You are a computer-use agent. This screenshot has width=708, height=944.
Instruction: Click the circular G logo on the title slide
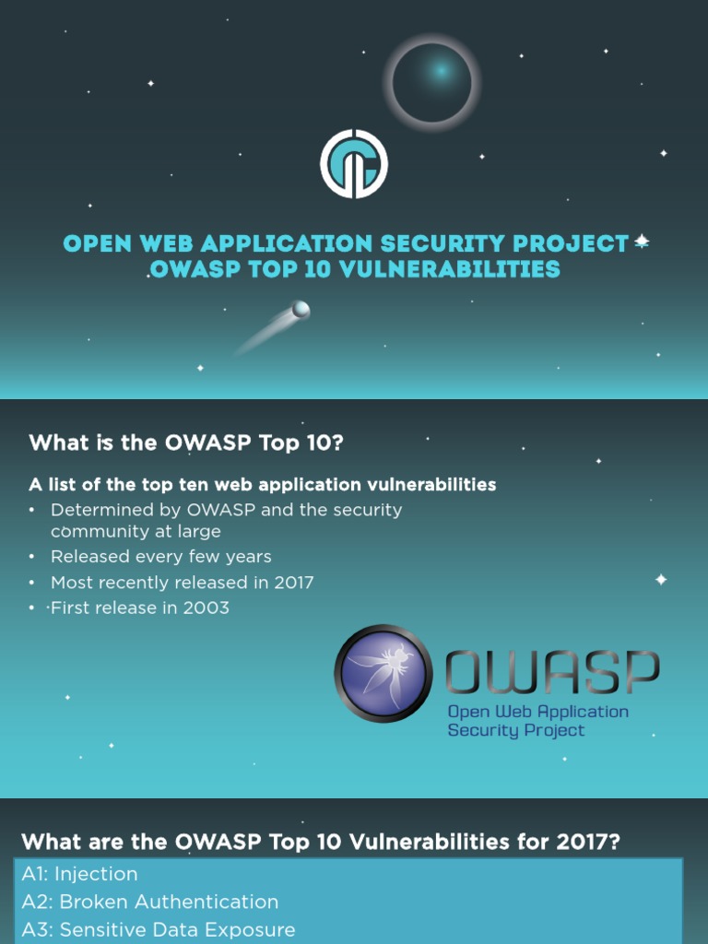tap(354, 164)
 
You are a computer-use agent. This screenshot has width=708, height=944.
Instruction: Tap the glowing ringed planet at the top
tap(432, 83)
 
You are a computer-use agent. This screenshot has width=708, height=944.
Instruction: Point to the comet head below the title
tap(301, 310)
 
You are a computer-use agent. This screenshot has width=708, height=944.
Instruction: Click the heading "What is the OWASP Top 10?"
tap(186, 442)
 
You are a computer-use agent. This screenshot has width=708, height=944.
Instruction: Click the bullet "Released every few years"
tap(160, 557)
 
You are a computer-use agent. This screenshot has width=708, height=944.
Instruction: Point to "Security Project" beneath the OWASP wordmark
tap(515, 730)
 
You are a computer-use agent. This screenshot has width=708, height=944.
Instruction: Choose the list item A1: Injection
tap(80, 874)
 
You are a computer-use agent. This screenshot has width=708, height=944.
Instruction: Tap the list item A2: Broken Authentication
tap(150, 902)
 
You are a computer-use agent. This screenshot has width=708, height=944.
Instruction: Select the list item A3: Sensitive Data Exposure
tap(159, 929)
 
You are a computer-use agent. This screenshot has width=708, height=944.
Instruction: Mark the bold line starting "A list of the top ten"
tap(263, 484)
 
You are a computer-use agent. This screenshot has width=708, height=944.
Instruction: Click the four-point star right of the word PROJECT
tap(642, 242)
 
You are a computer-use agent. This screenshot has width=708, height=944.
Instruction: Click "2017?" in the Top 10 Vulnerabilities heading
tap(569, 842)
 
